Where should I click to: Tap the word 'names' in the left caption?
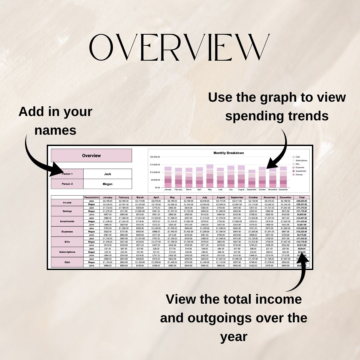pos(55,130)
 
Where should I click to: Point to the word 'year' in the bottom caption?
pos(234,337)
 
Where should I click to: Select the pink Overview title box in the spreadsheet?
pos(91,156)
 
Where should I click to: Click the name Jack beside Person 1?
pos(107,174)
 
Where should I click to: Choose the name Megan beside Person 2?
pos(107,184)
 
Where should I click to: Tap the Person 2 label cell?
pos(67,184)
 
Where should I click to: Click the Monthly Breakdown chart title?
pos(228,153)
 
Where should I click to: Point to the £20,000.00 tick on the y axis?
pos(155,157)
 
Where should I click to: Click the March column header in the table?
pos(140,197)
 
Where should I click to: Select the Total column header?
pos(301,197)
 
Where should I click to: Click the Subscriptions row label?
pos(67,252)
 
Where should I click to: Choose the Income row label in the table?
pos(67,203)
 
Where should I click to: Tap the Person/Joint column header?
pos(91,197)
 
